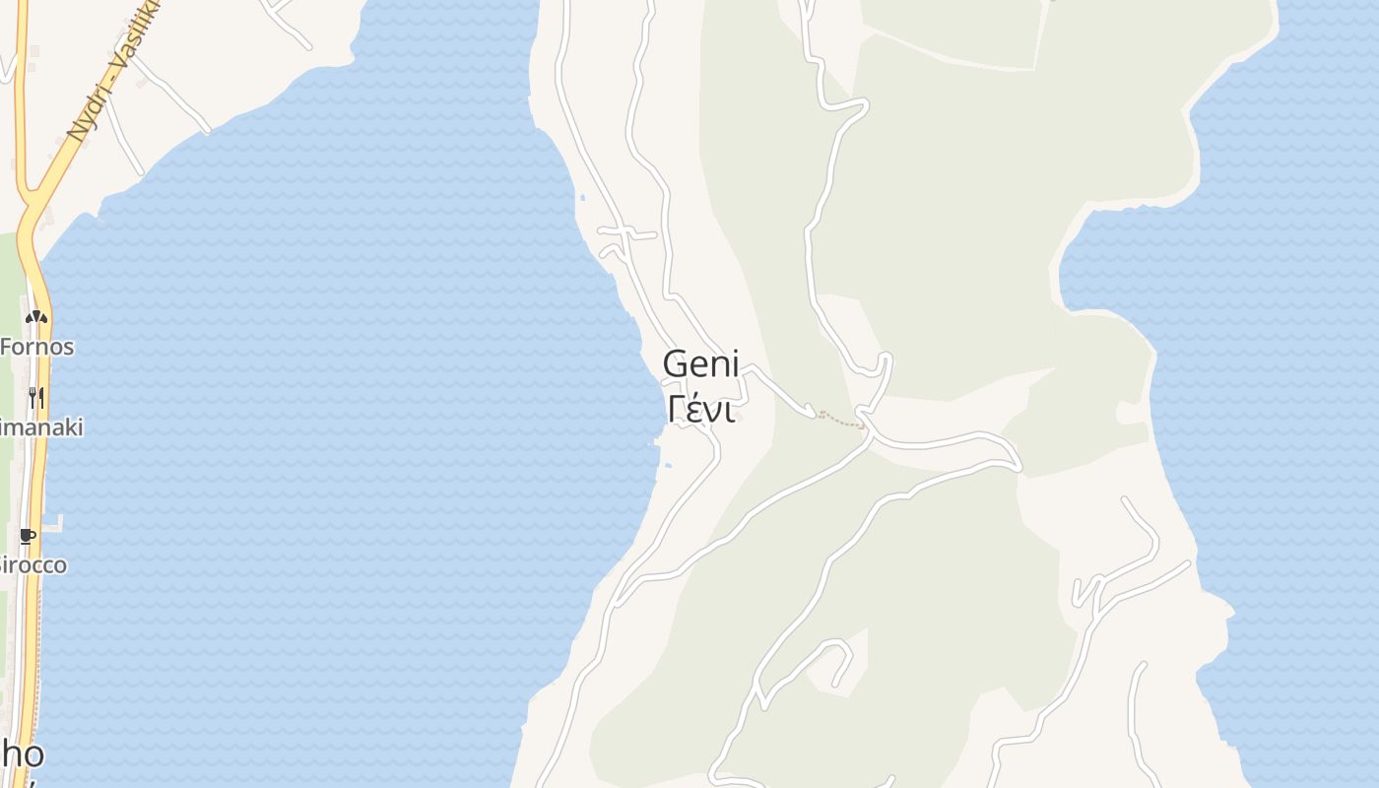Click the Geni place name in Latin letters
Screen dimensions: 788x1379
[700, 364]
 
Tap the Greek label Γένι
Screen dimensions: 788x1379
[700, 409]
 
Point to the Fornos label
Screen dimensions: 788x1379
[36, 347]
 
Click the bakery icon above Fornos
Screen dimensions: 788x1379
[35, 317]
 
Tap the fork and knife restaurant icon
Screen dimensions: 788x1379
[35, 397]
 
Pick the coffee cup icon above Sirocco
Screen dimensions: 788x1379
[28, 537]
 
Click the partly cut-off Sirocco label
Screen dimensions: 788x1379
[33, 565]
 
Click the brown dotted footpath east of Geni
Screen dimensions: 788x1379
[840, 421]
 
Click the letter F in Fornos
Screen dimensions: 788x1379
[7, 347]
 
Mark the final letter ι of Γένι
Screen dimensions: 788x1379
[730, 410]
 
